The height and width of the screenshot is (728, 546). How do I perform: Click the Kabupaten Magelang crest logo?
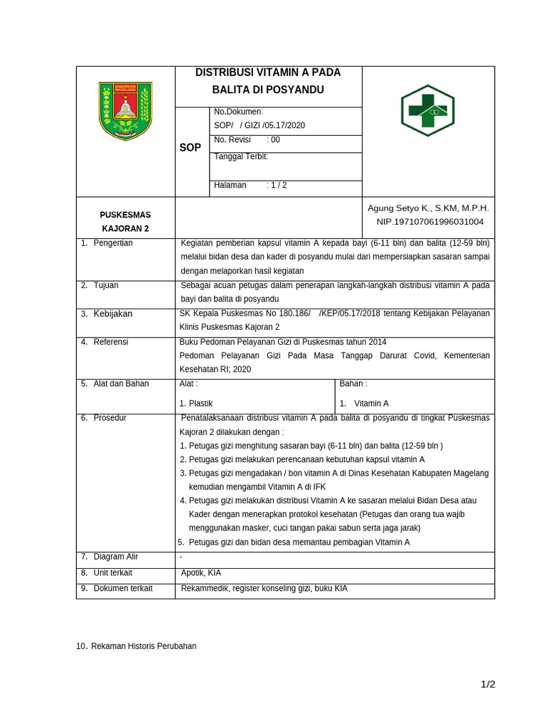tap(125, 110)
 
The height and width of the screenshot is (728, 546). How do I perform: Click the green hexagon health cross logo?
tap(427, 111)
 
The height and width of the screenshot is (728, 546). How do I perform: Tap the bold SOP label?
tap(190, 148)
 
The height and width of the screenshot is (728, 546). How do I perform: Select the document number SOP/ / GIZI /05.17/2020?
tap(259, 126)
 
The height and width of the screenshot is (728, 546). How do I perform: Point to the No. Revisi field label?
tap(232, 140)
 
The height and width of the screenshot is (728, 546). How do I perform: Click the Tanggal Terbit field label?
tap(241, 157)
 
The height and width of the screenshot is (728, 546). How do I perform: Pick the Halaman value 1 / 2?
tap(277, 186)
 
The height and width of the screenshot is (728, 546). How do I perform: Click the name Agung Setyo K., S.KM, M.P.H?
tap(428, 208)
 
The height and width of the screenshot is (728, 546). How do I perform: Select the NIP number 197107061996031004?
tap(429, 222)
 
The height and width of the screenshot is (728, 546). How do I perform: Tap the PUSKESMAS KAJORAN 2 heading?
tap(125, 222)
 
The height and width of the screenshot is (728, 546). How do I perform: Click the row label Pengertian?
tap(113, 243)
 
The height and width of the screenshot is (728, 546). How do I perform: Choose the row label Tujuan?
tap(106, 286)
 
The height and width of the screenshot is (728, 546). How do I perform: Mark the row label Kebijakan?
tap(113, 314)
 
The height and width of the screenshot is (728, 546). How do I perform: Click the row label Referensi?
tap(111, 342)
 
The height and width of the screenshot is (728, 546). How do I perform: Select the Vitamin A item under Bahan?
tap(371, 403)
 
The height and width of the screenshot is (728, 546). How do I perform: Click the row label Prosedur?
tap(110, 418)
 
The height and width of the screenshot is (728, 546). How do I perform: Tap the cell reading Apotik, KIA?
tap(201, 573)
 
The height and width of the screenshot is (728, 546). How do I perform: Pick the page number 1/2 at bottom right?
tap(488, 685)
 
